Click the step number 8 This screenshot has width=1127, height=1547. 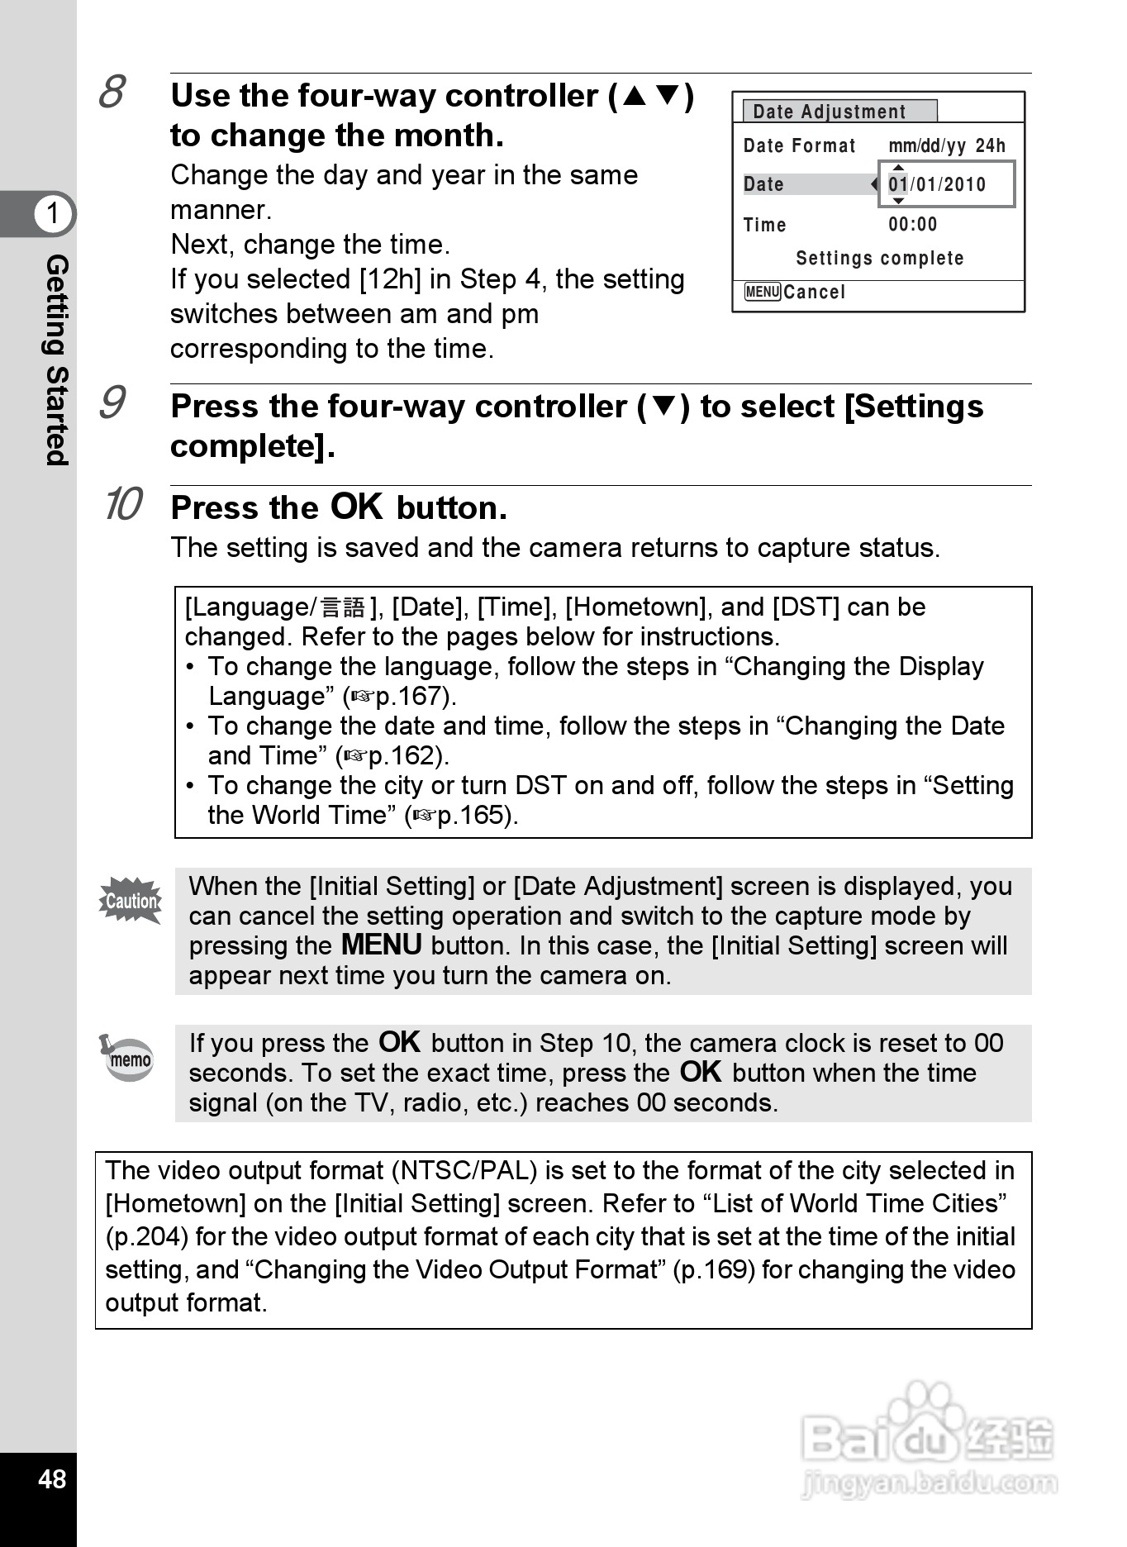pos(112,92)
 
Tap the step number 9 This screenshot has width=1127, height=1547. pos(112,402)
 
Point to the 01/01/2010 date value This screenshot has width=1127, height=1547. pos(937,184)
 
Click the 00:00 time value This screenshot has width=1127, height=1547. pos(913,224)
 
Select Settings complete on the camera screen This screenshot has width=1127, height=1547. pos(879,258)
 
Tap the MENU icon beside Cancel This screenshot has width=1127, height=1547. pos(762,292)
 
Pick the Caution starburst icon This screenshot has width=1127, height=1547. pos(131,901)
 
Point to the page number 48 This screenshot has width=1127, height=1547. pos(51,1478)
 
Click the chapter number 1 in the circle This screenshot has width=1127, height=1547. pos(54,213)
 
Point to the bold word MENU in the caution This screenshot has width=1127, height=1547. pos(381,945)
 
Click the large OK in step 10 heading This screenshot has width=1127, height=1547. pos(357,506)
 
